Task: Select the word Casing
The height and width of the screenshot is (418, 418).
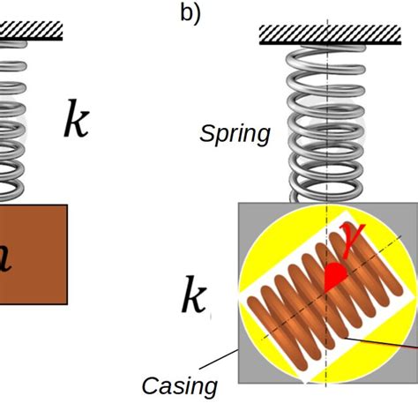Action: pos(180,385)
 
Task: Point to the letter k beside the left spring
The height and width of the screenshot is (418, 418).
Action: pos(76,121)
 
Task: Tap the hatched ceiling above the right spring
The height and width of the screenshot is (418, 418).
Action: pos(326,34)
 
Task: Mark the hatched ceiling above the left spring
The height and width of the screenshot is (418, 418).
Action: pos(31,30)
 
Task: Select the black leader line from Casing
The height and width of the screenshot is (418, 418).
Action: pos(220,363)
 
